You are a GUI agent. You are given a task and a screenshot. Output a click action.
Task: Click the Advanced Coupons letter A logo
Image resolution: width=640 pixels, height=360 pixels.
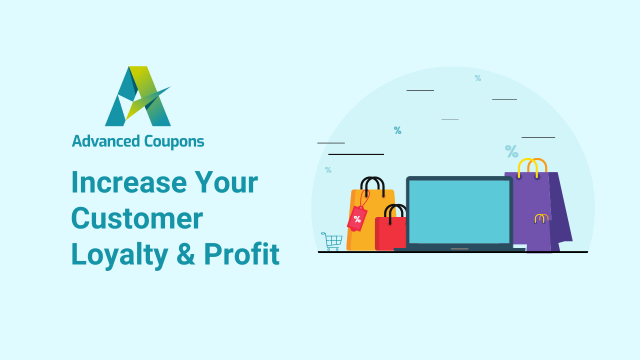pyautogui.click(x=137, y=96)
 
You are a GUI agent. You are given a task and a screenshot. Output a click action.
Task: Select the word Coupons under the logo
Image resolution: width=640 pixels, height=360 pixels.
pyautogui.click(x=174, y=142)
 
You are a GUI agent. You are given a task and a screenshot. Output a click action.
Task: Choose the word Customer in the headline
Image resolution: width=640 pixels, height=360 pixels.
pyautogui.click(x=136, y=218)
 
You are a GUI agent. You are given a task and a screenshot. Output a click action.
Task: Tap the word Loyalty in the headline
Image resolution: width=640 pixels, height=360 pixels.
pyautogui.click(x=119, y=254)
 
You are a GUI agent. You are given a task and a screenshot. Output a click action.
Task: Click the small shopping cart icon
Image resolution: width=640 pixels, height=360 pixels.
pyautogui.click(x=332, y=241)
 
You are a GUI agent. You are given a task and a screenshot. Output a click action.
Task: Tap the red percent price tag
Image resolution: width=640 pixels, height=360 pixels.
pyautogui.click(x=357, y=218)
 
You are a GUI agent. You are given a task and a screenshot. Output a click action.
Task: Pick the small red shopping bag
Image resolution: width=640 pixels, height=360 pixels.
pyautogui.click(x=390, y=233)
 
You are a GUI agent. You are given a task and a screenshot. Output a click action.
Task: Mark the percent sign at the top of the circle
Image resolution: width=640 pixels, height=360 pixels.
pyautogui.click(x=478, y=78)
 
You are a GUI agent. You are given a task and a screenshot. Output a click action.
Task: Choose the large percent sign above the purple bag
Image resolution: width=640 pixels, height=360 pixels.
pyautogui.click(x=511, y=150)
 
